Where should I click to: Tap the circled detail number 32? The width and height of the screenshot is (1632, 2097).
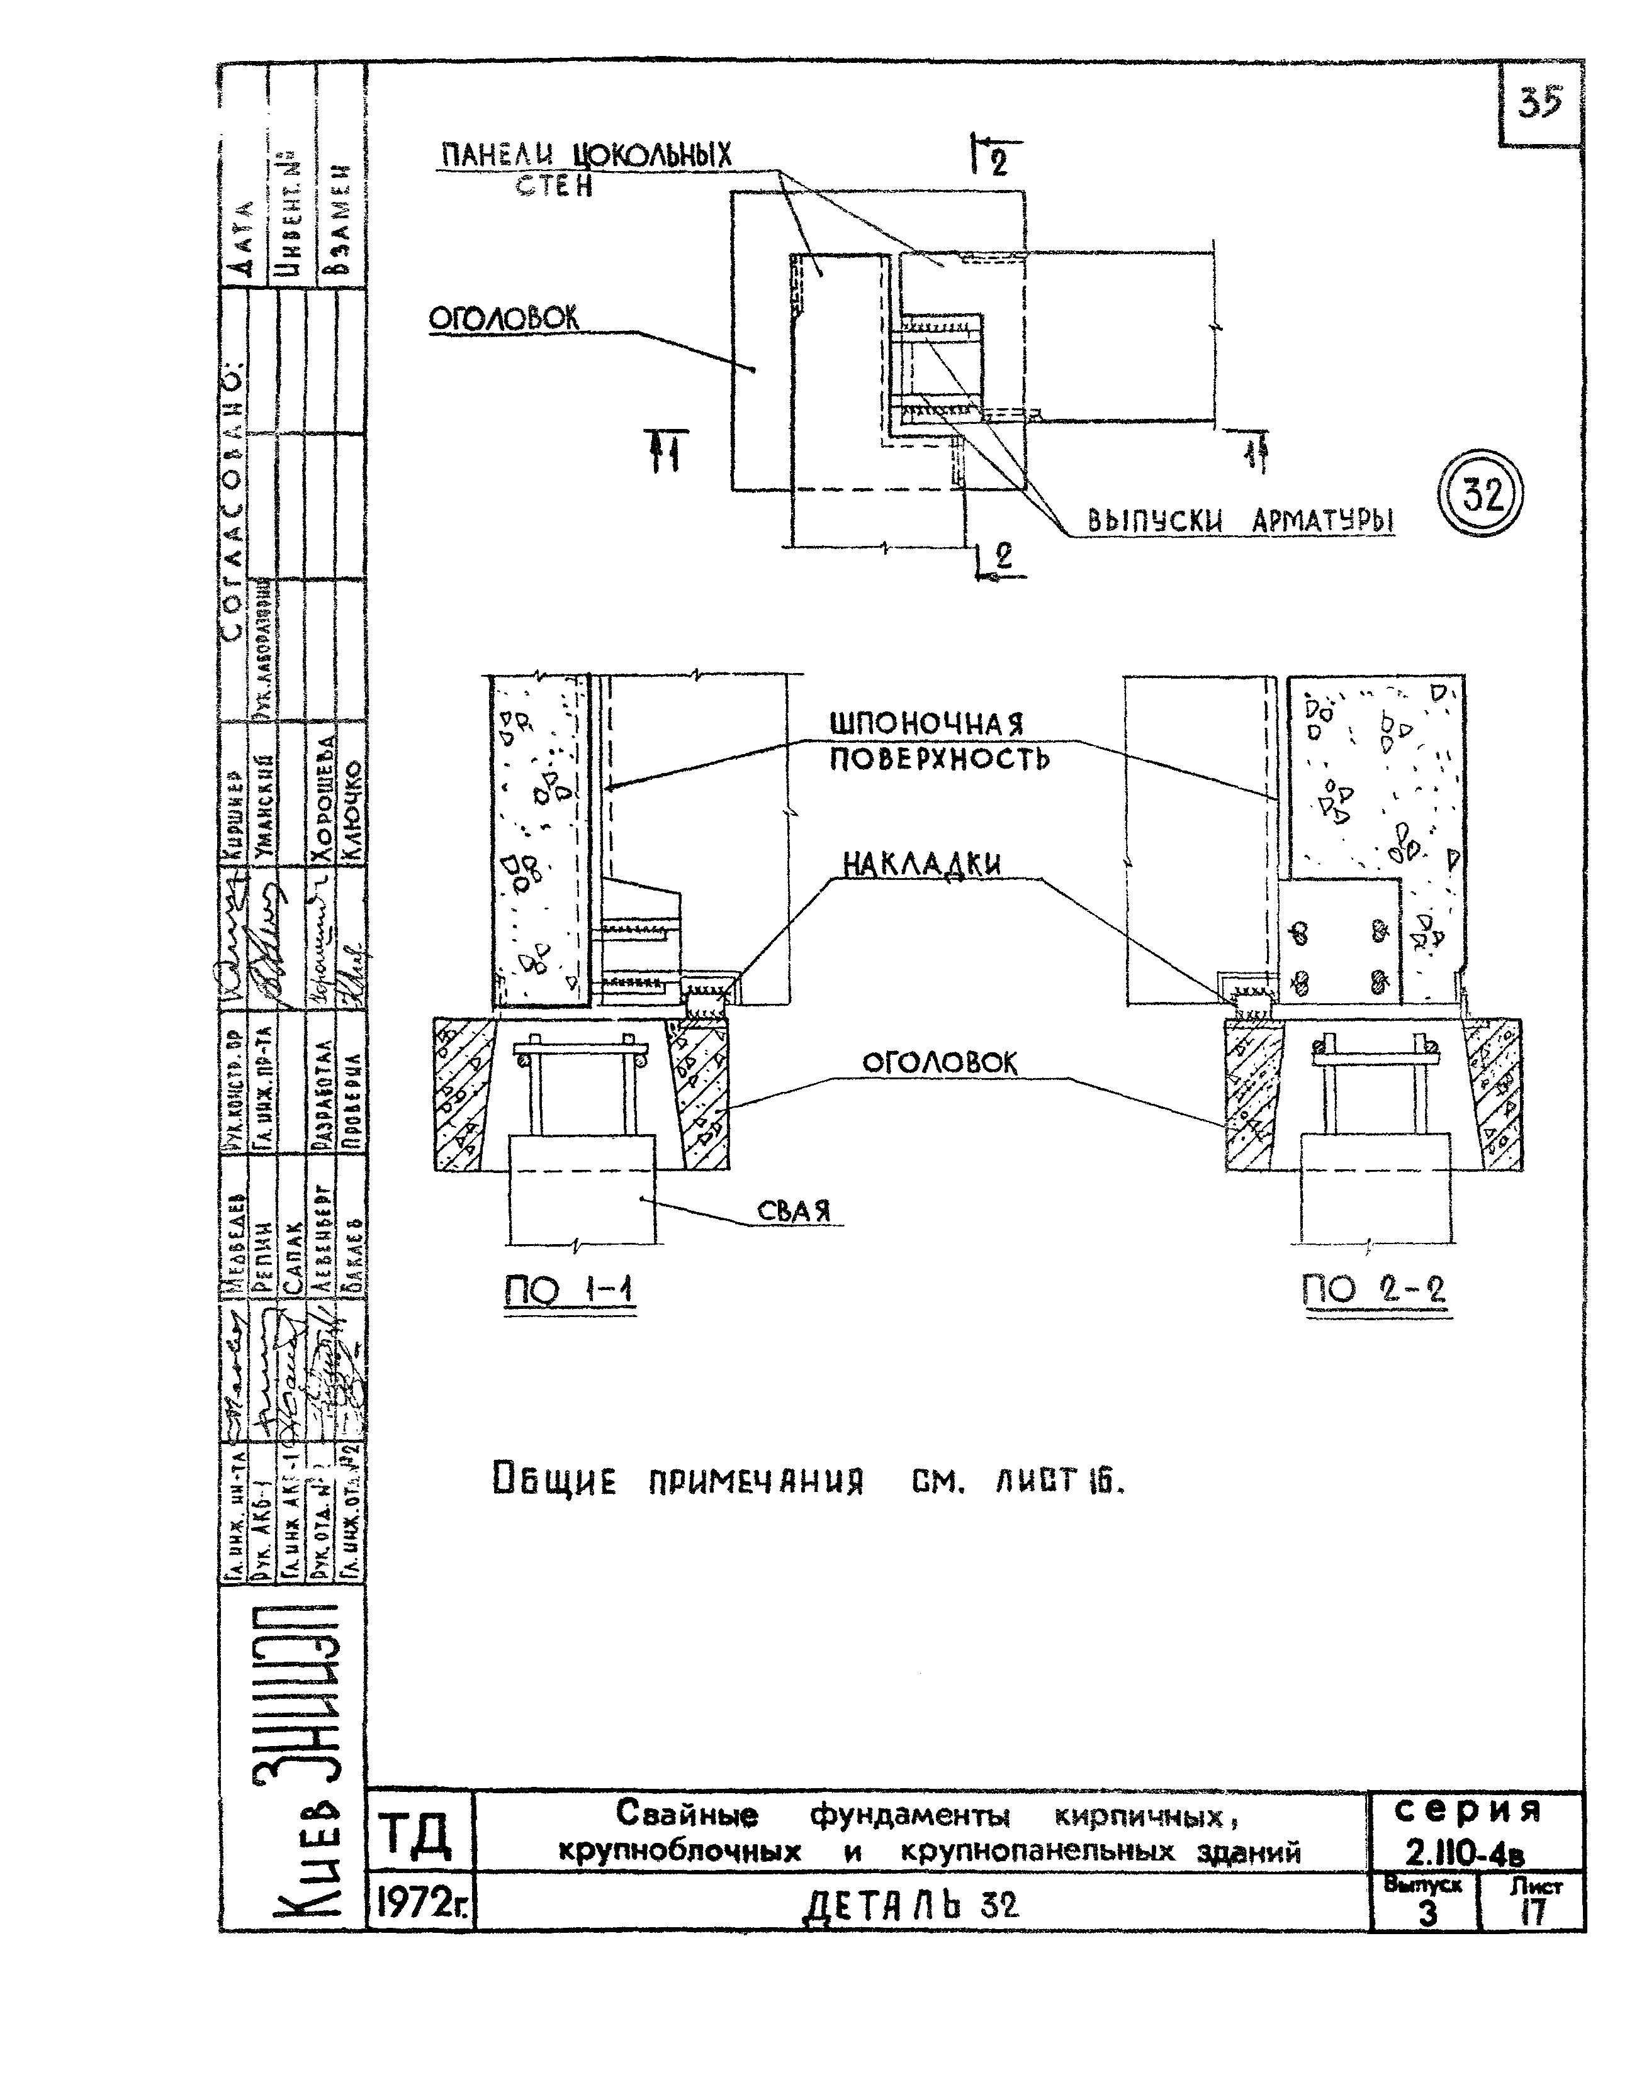tap(1480, 496)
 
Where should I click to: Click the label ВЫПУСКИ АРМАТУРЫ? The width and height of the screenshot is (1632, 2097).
tap(1240, 521)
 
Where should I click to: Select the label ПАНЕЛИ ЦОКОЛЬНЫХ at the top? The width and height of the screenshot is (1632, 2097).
tap(586, 155)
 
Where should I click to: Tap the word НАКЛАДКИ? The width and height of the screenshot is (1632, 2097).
tap(922, 864)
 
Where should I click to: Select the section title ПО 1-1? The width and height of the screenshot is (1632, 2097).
tap(569, 1291)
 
